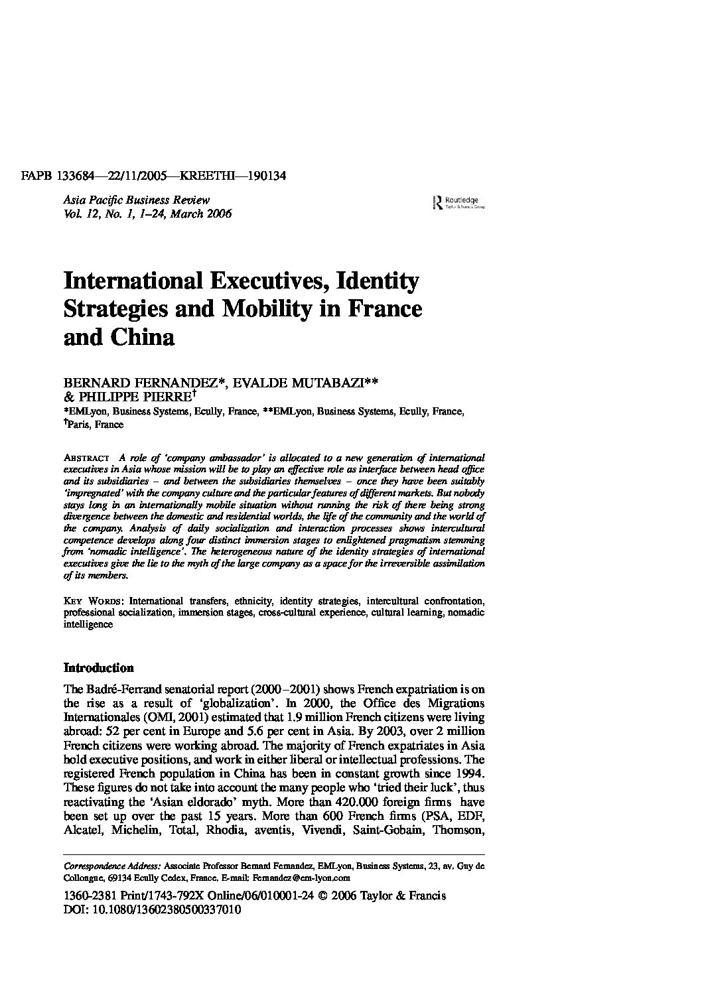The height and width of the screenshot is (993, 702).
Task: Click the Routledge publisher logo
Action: (x=458, y=202)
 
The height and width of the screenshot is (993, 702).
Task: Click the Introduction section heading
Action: (x=98, y=667)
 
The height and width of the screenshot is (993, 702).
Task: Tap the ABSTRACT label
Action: (x=86, y=458)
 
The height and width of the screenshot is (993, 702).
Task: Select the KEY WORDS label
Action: (x=92, y=600)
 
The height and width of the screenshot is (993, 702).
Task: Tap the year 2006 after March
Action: (x=218, y=214)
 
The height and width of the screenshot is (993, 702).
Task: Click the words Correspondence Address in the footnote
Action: (x=111, y=866)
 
